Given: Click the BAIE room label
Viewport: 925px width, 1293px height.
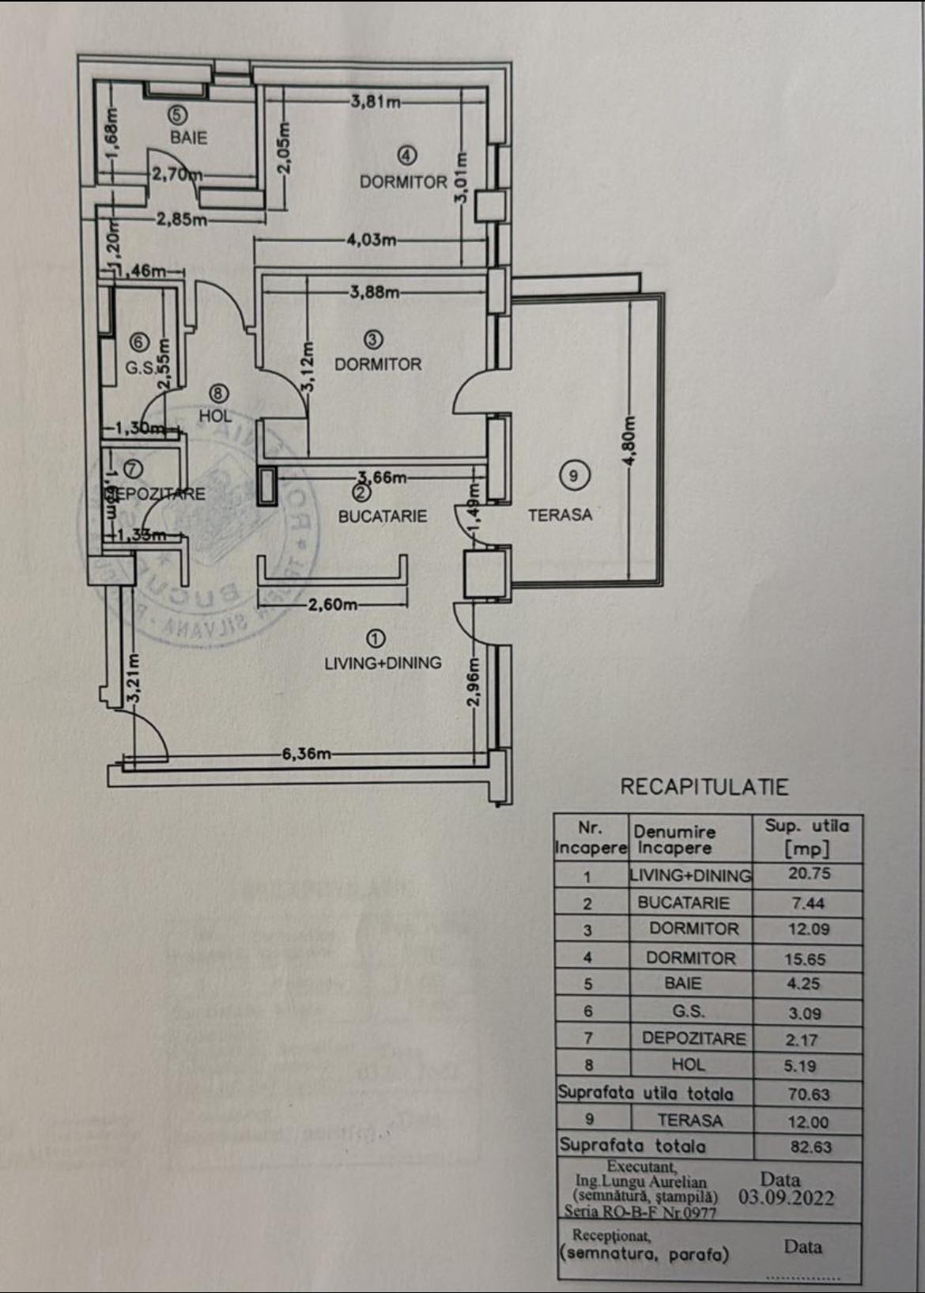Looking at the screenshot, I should coord(188,137).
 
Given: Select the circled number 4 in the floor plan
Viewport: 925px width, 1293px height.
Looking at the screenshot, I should coord(407,155).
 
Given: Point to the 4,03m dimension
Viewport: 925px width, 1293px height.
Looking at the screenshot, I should coord(371,240).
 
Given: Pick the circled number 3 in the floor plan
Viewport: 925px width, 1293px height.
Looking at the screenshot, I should coord(373,340).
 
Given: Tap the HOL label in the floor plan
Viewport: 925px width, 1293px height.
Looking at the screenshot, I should coord(215,415).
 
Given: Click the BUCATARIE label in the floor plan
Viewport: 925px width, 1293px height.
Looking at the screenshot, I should coord(383,516).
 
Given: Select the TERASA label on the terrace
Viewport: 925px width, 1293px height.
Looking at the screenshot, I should coord(560,515).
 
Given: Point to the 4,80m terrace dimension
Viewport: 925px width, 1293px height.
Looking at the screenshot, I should coord(630,441).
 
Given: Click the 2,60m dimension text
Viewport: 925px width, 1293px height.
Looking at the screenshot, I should coord(332,605).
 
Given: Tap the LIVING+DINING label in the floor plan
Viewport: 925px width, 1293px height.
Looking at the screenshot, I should coord(383,663).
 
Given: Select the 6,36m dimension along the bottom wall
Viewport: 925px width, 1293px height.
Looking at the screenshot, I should coord(307,754).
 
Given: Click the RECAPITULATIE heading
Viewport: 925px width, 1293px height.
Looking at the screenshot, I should coord(704,787).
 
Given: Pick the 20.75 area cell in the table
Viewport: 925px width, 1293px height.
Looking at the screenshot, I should coord(809,874).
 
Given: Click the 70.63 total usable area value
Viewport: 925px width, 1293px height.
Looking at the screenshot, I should coord(808,1095).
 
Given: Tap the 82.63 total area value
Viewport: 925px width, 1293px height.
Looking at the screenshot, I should coord(810,1147).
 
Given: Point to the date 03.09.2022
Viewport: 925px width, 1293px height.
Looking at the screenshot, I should coord(786,1197).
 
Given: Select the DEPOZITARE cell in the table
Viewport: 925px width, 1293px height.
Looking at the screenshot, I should coord(693,1038).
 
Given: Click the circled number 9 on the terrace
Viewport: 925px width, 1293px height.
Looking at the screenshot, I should coord(574,475).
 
